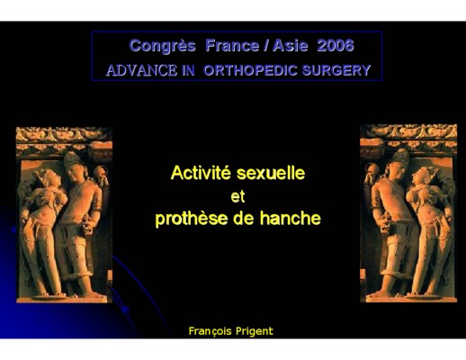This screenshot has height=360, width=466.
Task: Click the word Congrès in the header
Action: point(163,46)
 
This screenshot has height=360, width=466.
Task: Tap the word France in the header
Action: point(232,46)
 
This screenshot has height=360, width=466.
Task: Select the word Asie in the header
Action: point(291,46)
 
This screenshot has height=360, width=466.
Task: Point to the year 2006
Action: point(336,46)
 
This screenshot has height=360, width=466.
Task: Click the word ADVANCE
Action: point(142,70)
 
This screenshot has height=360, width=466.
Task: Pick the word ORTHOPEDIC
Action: point(250,70)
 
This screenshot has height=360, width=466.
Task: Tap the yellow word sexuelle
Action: point(271,173)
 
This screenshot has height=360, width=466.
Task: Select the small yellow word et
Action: point(237,197)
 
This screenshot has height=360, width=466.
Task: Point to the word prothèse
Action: point(192,218)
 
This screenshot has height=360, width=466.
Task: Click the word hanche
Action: point(291,218)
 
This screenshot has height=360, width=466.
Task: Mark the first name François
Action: point(211,331)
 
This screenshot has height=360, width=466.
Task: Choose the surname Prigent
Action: point(255,331)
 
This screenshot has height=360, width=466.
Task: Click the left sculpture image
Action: point(64,215)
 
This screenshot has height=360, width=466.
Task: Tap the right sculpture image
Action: point(408,213)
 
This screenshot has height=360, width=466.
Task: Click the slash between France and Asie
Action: point(266,46)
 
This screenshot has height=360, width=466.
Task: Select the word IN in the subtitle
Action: point(188,70)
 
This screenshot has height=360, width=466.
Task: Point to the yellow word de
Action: point(244,218)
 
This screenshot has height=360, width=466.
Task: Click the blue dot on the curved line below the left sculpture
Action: point(126,310)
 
